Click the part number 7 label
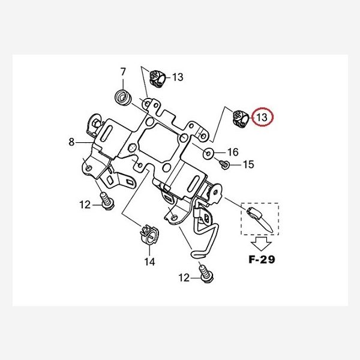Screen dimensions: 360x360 click(x=123, y=72)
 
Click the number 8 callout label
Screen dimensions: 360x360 click(x=71, y=142)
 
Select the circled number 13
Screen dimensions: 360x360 click(x=262, y=118)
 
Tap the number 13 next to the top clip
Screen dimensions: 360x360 click(x=178, y=77)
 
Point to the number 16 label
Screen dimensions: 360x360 click(x=233, y=152)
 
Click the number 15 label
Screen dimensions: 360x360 click(x=248, y=164)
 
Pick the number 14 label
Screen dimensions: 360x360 click(x=149, y=262)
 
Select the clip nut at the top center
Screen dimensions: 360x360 click(x=158, y=77)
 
